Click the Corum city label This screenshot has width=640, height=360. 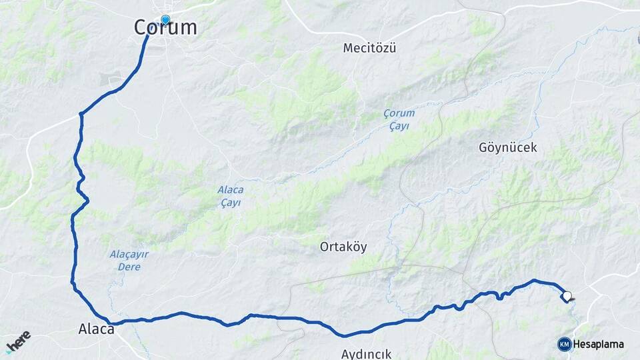[x=165, y=28]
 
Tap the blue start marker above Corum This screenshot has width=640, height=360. [x=165, y=19]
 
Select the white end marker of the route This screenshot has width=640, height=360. [x=567, y=296]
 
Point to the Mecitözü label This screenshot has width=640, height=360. [x=369, y=48]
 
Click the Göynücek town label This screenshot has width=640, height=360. [x=507, y=147]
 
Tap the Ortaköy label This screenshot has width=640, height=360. [x=343, y=247]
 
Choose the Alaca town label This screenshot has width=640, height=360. [x=97, y=329]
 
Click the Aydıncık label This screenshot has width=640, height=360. [x=366, y=354]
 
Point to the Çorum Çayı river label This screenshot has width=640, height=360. [x=399, y=119]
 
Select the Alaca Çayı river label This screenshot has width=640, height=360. [x=230, y=196]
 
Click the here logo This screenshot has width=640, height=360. [x=18, y=341]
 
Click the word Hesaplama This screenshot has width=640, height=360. [x=599, y=344]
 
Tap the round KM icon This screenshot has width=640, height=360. [x=565, y=344]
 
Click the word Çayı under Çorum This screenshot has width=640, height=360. [x=399, y=125]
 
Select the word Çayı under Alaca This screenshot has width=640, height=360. [x=230, y=203]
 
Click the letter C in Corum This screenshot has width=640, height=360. [x=141, y=28]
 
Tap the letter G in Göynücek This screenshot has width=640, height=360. [x=483, y=147]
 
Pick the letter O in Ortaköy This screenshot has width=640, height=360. [x=325, y=247]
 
